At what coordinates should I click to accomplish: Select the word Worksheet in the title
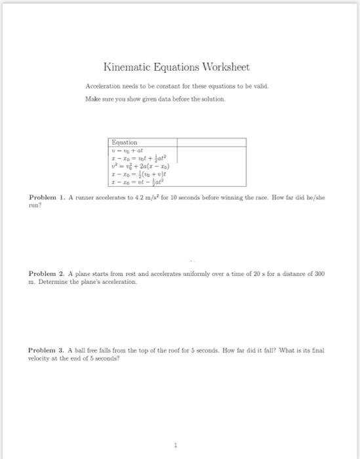pos(222,68)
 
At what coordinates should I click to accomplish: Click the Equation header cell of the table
pos(125,142)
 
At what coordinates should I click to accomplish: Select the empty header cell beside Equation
pos(210,142)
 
